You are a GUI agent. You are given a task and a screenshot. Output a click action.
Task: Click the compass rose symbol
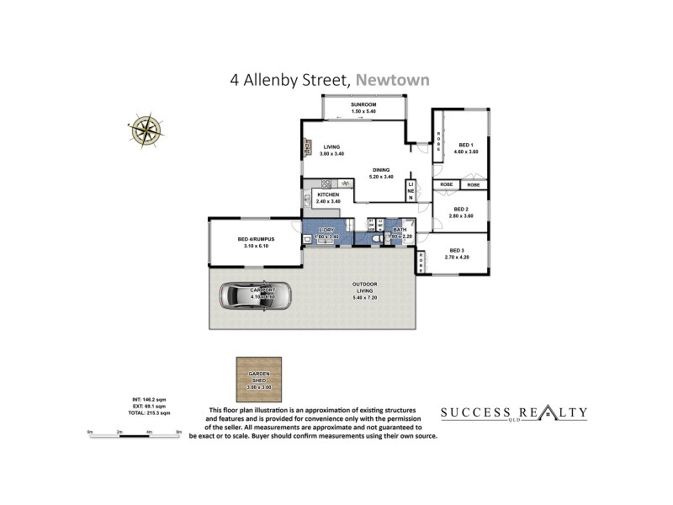click(146, 127)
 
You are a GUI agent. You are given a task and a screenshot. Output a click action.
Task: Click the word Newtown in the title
click(393, 81)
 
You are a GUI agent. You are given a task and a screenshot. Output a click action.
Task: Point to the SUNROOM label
click(363, 104)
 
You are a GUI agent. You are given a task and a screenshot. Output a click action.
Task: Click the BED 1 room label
click(466, 145)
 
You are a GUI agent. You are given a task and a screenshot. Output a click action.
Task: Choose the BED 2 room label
click(460, 210)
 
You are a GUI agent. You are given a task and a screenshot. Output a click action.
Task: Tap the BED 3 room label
click(457, 250)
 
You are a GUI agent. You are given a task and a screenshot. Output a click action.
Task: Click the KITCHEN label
click(328, 195)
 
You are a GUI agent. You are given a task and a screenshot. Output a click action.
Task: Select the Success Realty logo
click(514, 413)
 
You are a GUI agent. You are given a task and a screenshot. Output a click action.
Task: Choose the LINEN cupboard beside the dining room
click(411, 191)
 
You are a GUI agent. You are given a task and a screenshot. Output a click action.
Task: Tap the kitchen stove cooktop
click(345, 183)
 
